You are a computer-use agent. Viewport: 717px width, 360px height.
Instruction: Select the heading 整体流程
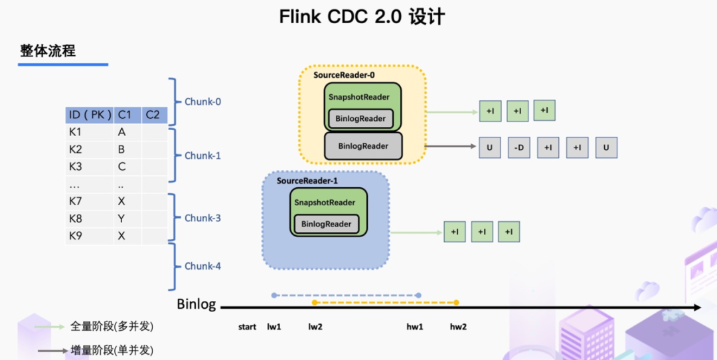coord(47,50)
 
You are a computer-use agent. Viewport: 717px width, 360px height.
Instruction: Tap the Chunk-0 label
coord(202,102)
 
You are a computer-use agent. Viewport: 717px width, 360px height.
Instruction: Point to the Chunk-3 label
coord(202,218)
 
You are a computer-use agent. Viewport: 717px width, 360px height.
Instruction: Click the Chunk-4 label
coord(202,266)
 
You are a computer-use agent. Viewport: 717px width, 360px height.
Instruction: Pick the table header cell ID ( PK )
coord(89,115)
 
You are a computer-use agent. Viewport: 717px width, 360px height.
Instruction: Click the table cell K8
coord(75,218)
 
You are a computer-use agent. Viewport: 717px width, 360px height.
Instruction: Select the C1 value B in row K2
coord(121,149)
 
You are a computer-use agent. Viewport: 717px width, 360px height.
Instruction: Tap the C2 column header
coord(153,115)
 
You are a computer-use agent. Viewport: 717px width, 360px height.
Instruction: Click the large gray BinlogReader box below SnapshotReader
coord(363,146)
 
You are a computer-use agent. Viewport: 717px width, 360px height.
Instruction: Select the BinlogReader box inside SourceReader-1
coord(326,224)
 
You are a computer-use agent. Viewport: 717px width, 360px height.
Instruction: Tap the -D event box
coord(518,148)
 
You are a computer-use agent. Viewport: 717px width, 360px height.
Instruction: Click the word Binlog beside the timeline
coord(197,305)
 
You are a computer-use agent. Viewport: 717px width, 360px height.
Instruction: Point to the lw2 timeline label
coord(315,327)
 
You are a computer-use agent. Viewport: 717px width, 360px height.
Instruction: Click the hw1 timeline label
coord(415,327)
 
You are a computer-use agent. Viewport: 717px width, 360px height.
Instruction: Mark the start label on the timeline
coord(247,327)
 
